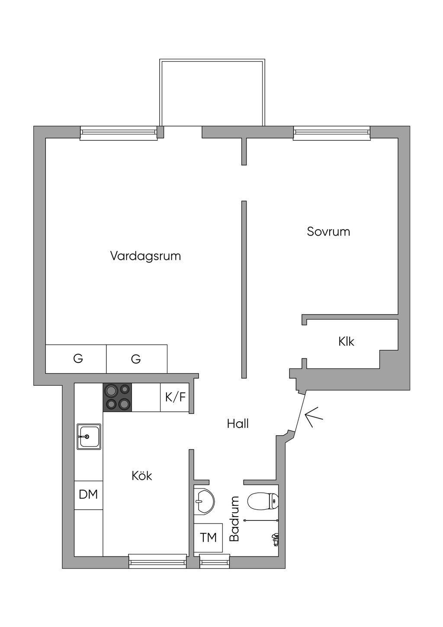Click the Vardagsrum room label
click(x=145, y=256)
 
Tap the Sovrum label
click(x=328, y=232)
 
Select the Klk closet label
click(x=346, y=342)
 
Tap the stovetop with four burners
click(x=118, y=397)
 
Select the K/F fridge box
click(x=175, y=397)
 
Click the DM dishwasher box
click(x=88, y=494)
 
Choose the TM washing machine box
click(x=209, y=537)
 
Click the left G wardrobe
click(x=76, y=359)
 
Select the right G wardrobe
click(x=137, y=359)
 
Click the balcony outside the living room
click(x=212, y=92)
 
